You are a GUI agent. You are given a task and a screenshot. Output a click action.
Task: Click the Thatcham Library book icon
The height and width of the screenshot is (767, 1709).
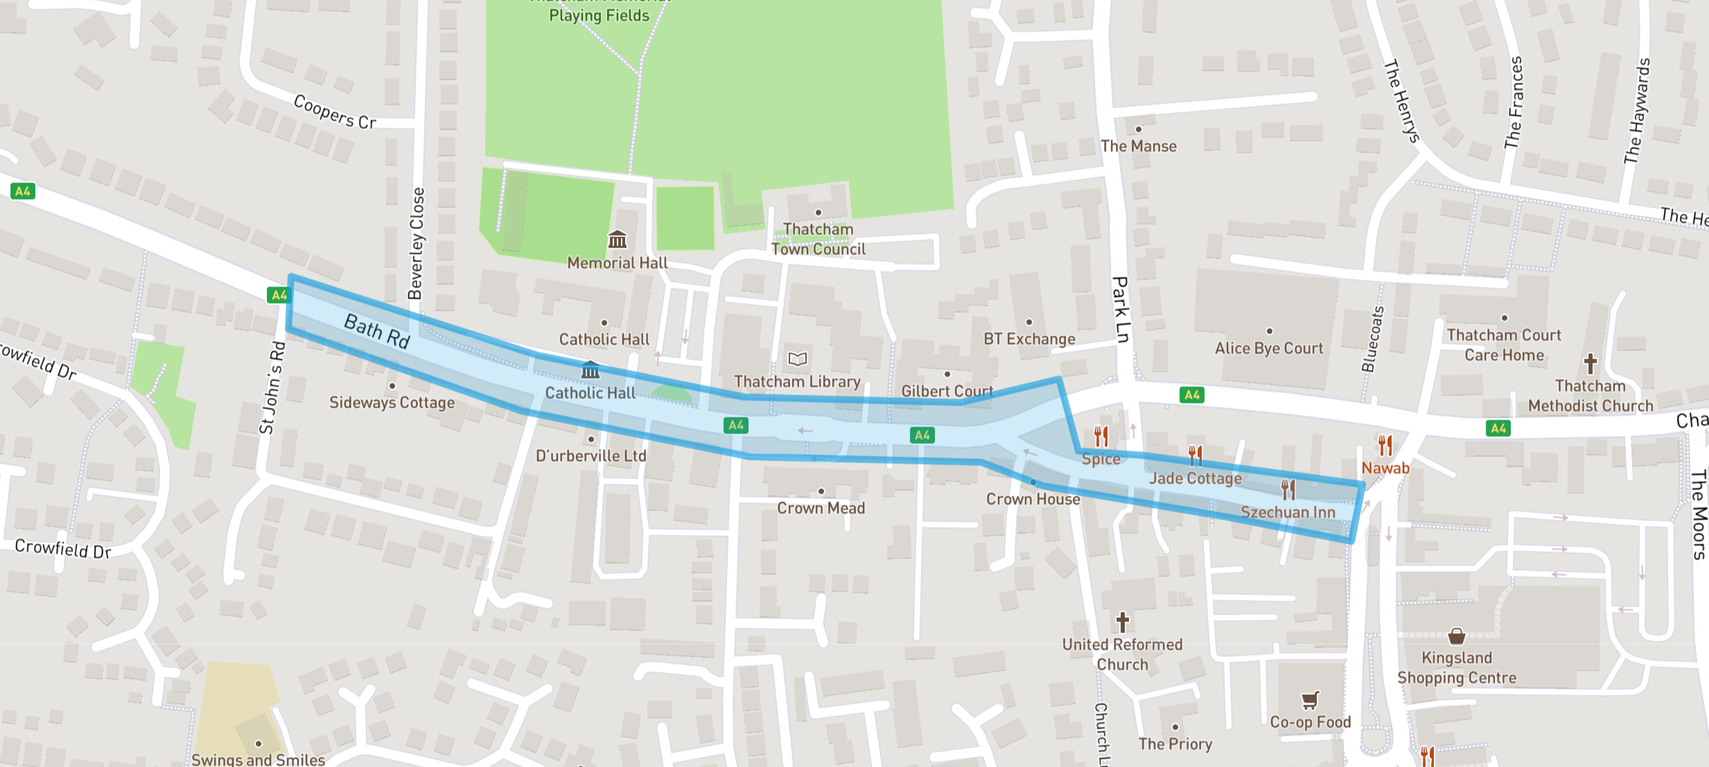798,359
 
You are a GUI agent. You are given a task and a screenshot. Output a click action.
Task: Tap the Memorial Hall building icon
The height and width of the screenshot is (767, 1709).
617,240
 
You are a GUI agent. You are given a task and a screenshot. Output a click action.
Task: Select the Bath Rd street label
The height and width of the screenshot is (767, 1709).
377,331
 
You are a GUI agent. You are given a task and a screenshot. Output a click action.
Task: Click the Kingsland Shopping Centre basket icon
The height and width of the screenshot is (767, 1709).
1457,635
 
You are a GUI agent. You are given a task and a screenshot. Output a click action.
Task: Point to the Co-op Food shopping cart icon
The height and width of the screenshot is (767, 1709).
1309,700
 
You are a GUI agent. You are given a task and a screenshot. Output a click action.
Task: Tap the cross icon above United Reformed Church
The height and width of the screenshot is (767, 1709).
1122,621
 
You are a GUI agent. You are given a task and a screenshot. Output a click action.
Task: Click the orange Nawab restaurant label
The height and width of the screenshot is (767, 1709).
1385,468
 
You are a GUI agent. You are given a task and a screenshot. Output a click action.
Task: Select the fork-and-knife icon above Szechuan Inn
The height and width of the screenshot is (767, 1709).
1288,490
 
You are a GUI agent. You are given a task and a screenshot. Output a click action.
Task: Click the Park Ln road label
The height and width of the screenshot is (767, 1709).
1120,309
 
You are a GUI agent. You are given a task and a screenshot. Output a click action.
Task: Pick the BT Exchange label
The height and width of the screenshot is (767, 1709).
1029,339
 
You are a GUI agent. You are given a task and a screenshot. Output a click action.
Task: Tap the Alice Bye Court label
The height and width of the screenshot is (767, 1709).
1268,348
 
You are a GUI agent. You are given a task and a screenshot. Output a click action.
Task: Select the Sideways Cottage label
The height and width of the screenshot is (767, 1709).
392,403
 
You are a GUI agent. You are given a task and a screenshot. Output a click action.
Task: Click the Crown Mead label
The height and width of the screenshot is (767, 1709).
821,508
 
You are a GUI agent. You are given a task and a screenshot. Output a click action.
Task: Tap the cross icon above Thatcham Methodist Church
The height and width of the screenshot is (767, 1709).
1590,363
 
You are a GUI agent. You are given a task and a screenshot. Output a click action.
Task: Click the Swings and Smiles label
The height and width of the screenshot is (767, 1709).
258,759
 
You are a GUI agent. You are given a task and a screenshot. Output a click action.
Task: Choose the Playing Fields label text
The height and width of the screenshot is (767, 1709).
599,15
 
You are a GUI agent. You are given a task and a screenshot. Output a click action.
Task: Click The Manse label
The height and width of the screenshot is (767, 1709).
1138,146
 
